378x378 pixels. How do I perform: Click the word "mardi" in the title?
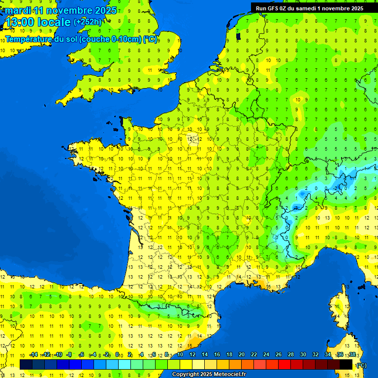[x=18, y=10]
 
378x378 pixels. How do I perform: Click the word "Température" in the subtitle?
[x=31, y=39]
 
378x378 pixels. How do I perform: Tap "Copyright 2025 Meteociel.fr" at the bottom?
[x=209, y=375]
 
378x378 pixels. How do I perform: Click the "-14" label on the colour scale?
[x=33, y=354]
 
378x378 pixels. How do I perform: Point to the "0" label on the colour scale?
[x=118, y=354]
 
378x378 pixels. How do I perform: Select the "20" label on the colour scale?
[x=242, y=354]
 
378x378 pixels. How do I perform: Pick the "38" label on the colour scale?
[x=352, y=354]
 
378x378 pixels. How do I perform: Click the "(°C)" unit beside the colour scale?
[x=361, y=365]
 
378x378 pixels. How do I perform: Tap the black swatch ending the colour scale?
[x=346, y=364]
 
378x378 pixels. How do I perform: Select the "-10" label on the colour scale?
[x=58, y=354]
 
